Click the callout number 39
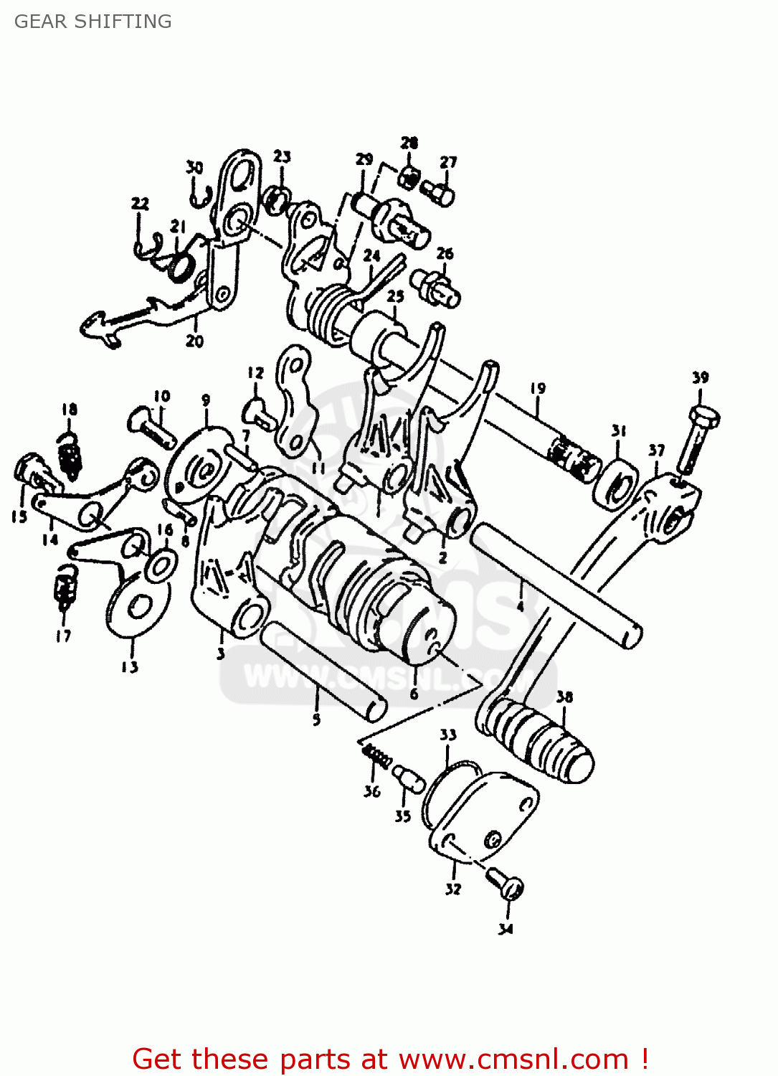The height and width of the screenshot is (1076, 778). click(701, 377)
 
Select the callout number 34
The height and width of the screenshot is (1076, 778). click(506, 929)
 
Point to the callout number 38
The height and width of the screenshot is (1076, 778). click(565, 697)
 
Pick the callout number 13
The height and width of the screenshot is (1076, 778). click(129, 667)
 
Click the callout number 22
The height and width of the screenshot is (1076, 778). click(141, 203)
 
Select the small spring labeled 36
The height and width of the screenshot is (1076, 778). click(377, 755)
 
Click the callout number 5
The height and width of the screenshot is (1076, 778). click(316, 719)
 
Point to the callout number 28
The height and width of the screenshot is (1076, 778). click(409, 142)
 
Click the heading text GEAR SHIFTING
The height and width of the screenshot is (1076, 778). click(93, 22)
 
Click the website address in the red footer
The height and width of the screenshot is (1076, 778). click(513, 1060)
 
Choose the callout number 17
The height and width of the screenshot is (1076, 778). click(63, 636)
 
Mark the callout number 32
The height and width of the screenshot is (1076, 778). click(453, 889)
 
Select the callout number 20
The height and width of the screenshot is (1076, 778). click(195, 341)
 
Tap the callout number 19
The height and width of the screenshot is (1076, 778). click(538, 388)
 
